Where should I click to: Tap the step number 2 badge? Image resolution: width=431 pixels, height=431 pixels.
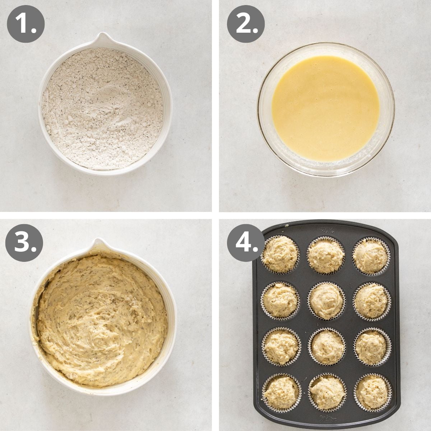click(246, 23)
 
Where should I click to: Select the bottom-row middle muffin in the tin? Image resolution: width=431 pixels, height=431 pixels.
click(326, 393)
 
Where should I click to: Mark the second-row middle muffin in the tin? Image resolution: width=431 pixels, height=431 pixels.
click(326, 301)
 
